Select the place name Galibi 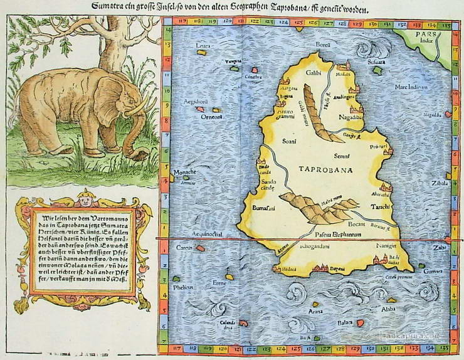[296, 73]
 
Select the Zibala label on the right [440, 183]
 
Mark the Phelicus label [182, 288]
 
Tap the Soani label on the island [289, 142]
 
